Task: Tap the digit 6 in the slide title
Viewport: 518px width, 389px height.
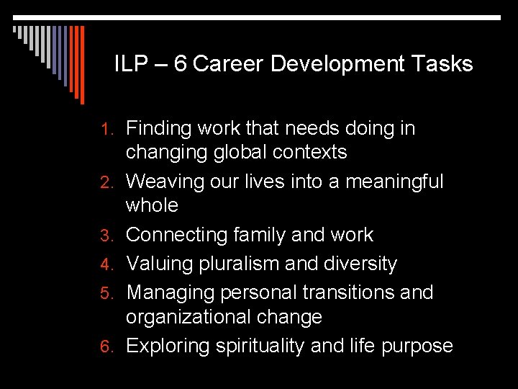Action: pos(180,65)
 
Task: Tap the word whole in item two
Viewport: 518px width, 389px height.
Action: pos(152,205)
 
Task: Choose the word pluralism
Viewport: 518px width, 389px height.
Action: pos(238,264)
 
